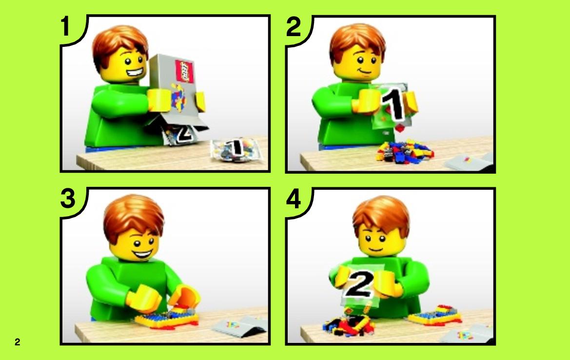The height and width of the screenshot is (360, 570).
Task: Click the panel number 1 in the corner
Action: [65, 26]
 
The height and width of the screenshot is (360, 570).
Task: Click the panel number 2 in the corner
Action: [294, 26]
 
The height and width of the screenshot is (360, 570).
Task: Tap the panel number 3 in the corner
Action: [68, 199]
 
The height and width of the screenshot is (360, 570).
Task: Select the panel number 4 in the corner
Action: [294, 199]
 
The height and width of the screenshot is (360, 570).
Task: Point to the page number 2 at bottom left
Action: [17, 342]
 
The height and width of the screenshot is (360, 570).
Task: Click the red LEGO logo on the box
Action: [184, 71]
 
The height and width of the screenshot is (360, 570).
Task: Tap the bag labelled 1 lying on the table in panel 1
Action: [236, 149]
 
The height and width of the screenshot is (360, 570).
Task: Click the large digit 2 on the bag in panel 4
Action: [359, 284]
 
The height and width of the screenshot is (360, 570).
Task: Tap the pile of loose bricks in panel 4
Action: [348, 323]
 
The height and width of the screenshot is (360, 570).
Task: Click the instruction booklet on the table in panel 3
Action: [240, 325]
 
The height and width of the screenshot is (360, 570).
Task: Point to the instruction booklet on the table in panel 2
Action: [469, 162]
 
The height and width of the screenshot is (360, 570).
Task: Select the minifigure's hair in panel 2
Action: [358, 42]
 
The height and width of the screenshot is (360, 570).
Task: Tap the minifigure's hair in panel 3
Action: [134, 215]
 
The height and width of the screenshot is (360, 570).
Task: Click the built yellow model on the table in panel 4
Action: [434, 316]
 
